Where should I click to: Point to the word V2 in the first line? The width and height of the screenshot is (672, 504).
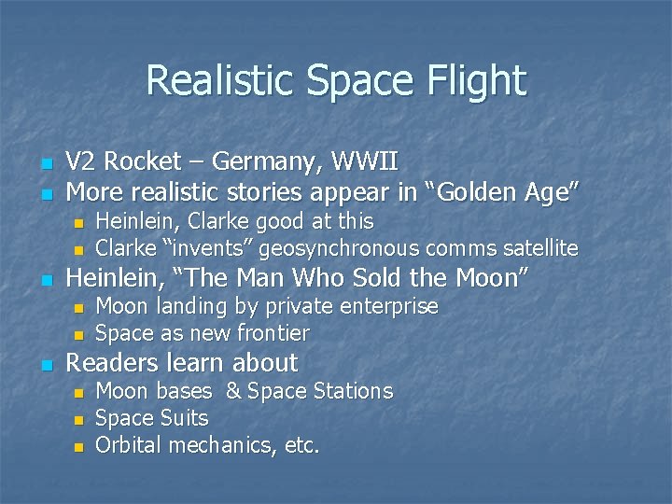[82, 162]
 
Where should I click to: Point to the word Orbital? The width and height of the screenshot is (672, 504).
[129, 445]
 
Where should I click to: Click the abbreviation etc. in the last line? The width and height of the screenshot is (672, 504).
[301, 445]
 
